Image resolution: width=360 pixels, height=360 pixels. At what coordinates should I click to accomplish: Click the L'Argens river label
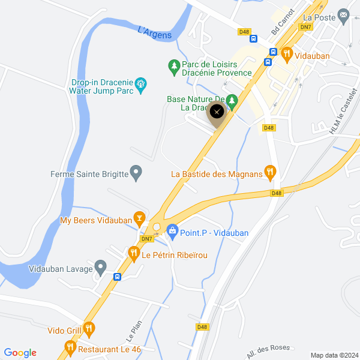tap(155, 32)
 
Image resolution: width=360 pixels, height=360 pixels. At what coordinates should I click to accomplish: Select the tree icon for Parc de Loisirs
tap(173, 65)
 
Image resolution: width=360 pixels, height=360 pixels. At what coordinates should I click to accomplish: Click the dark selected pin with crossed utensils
tap(217, 112)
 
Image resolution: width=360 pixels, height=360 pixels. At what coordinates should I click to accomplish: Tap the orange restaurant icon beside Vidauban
tap(287, 54)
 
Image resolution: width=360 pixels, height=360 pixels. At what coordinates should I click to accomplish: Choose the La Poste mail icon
tap(343, 17)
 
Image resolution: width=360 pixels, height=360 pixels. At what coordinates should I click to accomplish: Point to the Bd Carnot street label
tap(283, 22)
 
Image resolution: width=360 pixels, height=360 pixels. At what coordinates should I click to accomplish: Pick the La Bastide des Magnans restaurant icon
tap(270, 174)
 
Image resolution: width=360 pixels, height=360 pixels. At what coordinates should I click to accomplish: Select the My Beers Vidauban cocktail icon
tap(140, 217)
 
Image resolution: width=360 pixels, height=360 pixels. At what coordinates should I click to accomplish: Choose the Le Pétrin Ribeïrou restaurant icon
tap(133, 254)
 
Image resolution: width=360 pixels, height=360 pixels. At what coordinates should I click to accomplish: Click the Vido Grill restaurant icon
tap(89, 328)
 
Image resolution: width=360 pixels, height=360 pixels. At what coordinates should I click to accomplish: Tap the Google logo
tap(20, 353)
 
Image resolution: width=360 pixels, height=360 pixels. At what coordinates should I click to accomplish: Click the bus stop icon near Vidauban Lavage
tap(117, 277)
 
